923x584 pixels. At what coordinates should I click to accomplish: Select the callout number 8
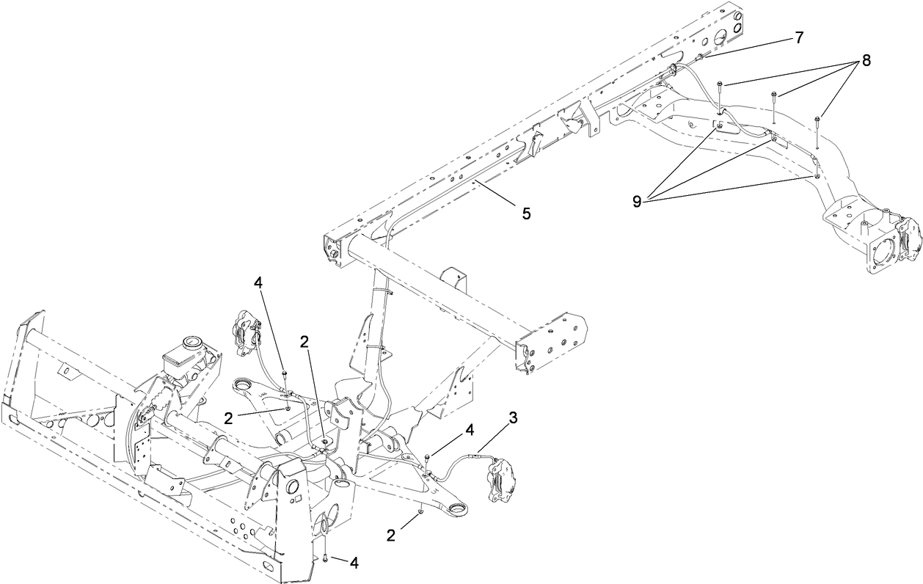click(867, 62)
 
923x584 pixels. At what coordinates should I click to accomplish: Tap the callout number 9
click(636, 201)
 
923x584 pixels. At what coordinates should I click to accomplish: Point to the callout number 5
click(525, 213)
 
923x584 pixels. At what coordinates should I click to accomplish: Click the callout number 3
click(513, 418)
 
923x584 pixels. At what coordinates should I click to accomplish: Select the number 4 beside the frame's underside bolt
click(354, 563)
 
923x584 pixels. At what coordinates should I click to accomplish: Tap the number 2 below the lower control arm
click(390, 536)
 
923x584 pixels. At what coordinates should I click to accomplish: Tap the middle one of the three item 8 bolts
click(774, 95)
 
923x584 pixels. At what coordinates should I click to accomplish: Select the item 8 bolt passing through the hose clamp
click(720, 88)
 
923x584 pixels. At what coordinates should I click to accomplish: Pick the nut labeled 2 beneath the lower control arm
click(420, 512)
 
